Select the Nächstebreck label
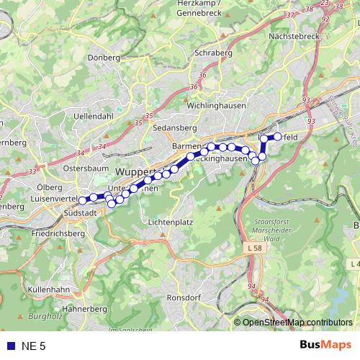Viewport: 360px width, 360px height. [x=293, y=35]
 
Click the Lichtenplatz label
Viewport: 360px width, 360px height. [x=170, y=222]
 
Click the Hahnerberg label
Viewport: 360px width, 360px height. [x=84, y=308]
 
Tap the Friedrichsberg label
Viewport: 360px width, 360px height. [x=59, y=234]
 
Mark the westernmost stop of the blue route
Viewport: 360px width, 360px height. [x=83, y=200]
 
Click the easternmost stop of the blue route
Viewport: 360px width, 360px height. [x=277, y=136]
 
